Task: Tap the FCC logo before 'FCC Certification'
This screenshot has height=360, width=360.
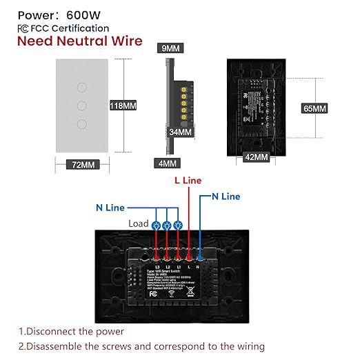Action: pyautogui.click(x=24, y=28)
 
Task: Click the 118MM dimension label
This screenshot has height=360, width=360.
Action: pyautogui.click(x=123, y=106)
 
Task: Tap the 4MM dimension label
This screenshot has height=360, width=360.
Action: pyautogui.click(x=166, y=163)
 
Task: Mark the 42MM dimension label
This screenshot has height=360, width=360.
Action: pyautogui.click(x=256, y=157)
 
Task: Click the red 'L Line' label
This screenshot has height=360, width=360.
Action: pyautogui.click(x=187, y=180)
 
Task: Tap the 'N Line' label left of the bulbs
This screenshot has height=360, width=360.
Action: pyautogui.click(x=110, y=208)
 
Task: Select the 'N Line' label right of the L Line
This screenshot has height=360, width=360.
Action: pyautogui.click(x=226, y=197)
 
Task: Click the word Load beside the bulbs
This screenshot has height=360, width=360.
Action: pyautogui.click(x=139, y=223)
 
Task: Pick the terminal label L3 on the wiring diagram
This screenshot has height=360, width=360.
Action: pyautogui.click(x=158, y=267)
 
